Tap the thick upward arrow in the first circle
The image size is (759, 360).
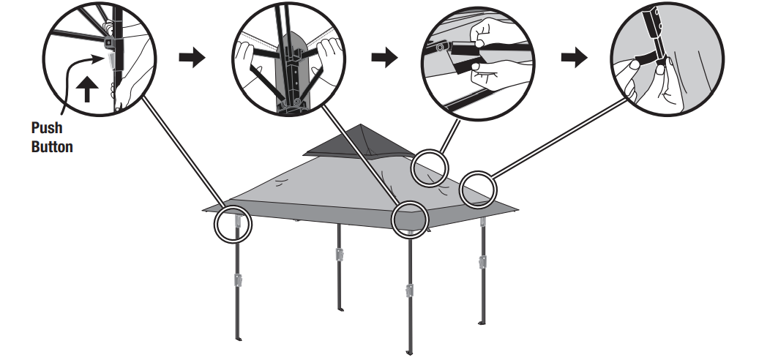click(86, 90)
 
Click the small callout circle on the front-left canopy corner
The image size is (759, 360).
click(233, 224)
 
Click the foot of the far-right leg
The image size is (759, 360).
click(480, 324)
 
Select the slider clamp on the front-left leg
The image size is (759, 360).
click(238, 280)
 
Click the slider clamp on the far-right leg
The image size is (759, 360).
click(482, 261)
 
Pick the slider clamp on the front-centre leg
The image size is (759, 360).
click(410, 291)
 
